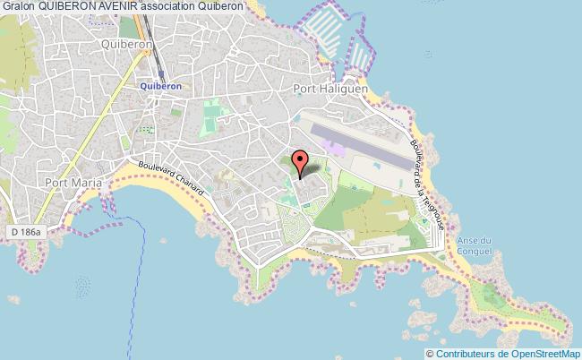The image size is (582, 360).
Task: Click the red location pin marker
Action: (301, 162)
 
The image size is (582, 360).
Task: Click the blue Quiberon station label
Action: (161, 86)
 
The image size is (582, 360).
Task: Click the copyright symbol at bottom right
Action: (431, 353)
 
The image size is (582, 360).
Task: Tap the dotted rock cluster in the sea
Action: (81, 287)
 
